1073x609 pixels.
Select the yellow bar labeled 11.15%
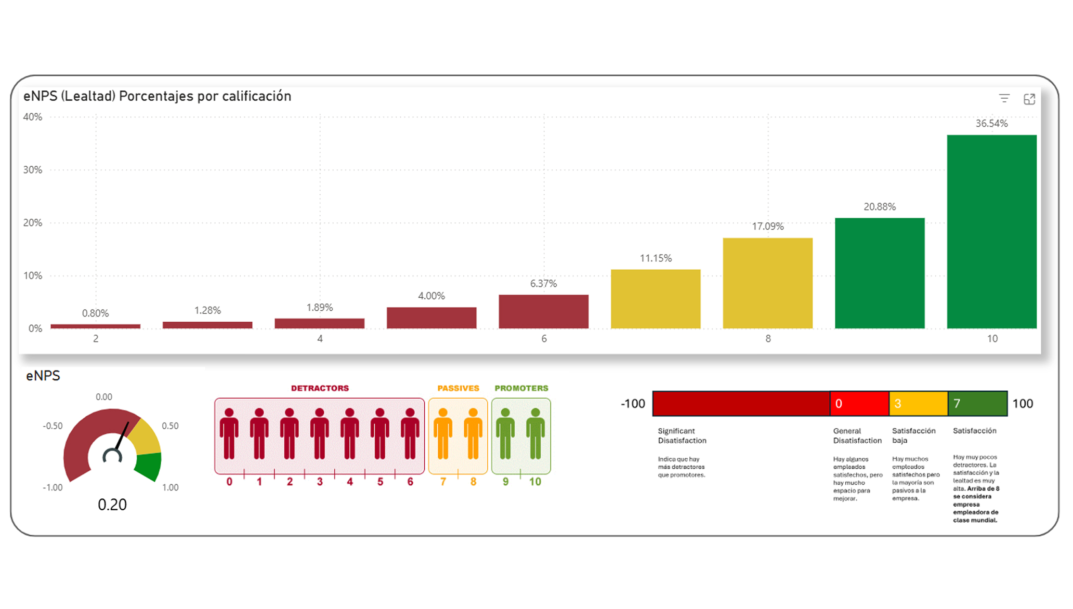656,299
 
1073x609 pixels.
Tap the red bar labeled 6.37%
543,311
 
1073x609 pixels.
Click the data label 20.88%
880,207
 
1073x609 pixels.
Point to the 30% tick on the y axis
32,170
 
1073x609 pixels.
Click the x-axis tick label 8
768,339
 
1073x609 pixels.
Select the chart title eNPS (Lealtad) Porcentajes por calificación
157,96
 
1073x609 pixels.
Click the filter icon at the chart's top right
1004,98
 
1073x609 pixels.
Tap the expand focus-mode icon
1029,99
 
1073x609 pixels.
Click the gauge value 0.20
112,505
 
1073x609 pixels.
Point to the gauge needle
121,436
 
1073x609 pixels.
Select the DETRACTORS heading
320,388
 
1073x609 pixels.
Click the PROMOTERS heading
521,388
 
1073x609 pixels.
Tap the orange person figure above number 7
443,434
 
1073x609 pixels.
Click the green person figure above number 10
535,434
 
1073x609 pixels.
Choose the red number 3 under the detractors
320,482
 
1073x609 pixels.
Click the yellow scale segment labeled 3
919,404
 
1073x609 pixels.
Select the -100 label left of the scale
633,404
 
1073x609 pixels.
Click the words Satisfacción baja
913,435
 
